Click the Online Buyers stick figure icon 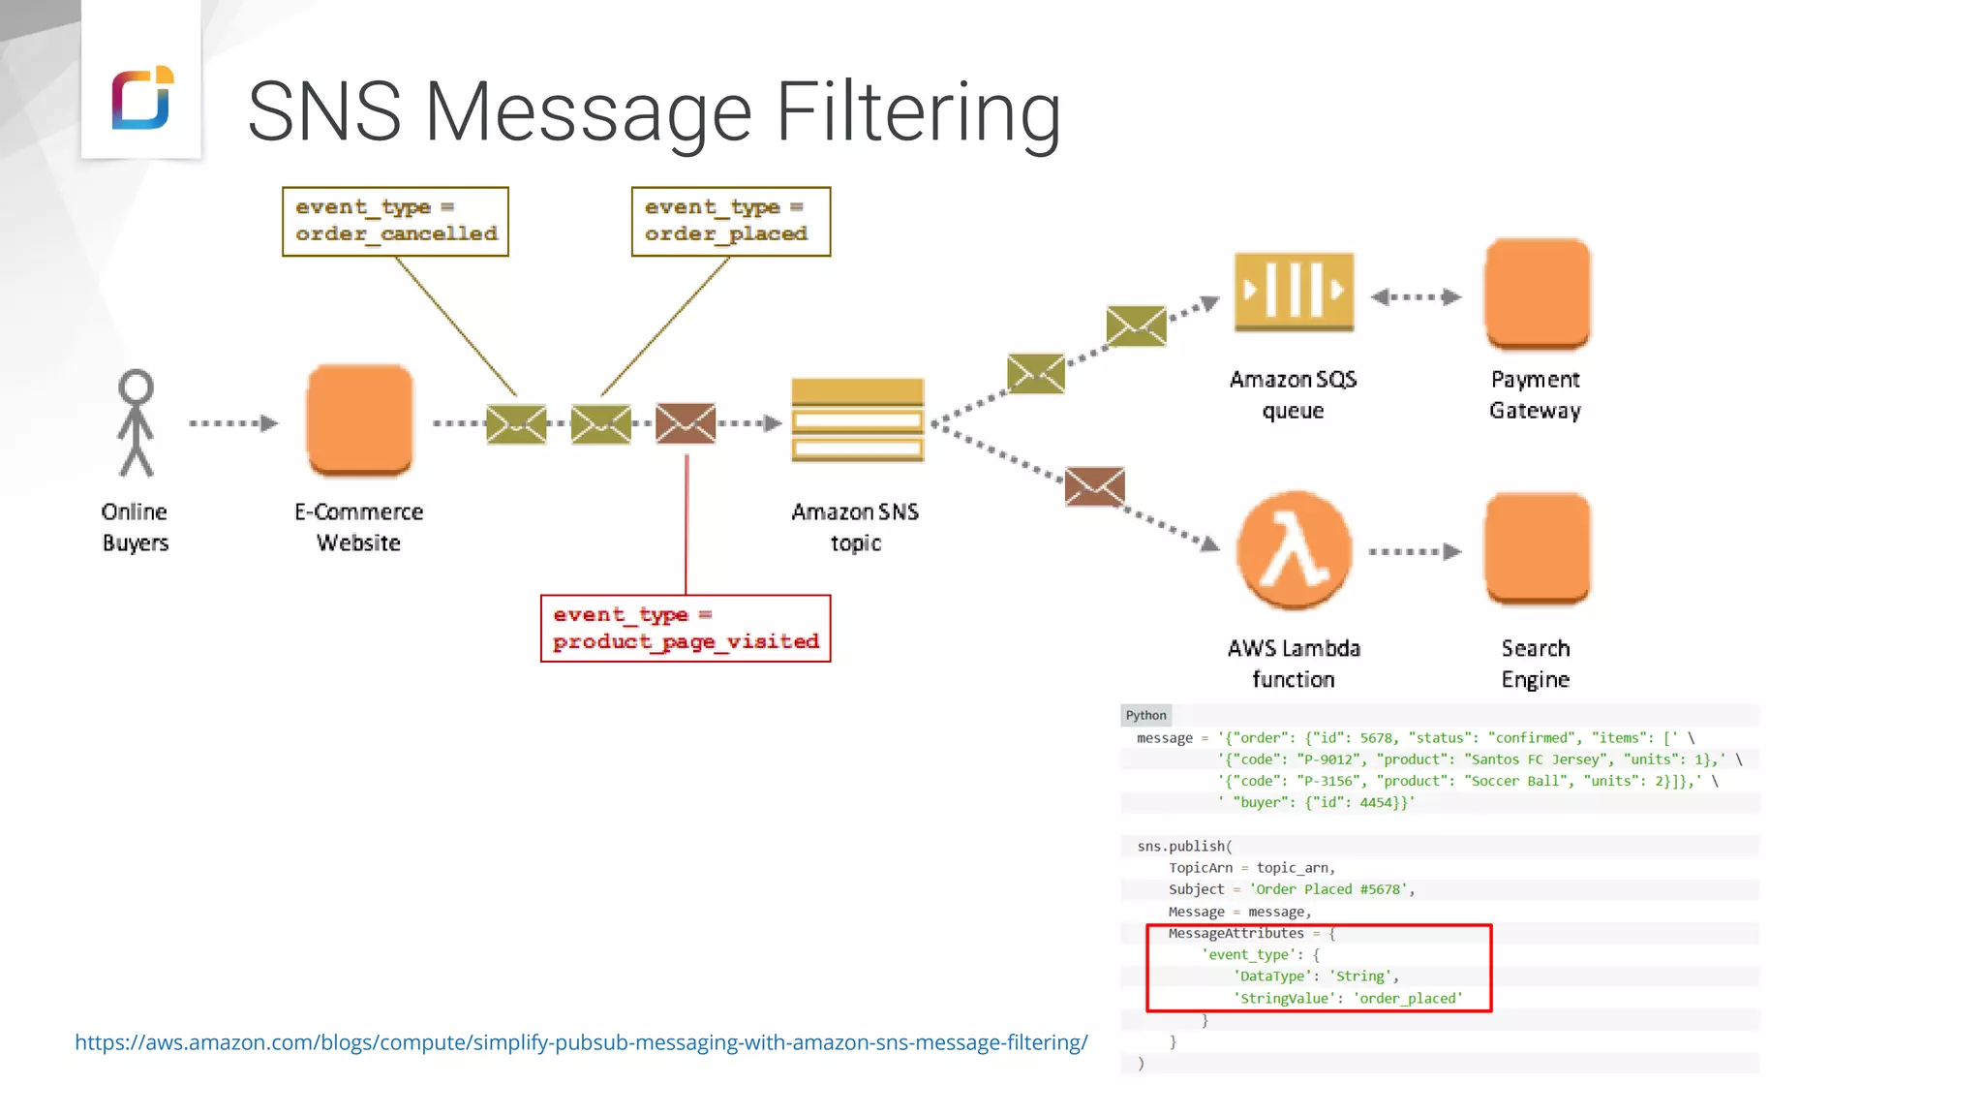point(136,423)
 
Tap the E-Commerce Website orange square point(359,419)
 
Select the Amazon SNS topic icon point(857,419)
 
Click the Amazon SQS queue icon point(1294,291)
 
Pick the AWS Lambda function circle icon point(1294,549)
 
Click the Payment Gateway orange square point(1537,293)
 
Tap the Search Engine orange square point(1537,547)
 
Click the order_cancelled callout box point(395,221)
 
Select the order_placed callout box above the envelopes point(730,221)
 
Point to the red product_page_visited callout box point(685,628)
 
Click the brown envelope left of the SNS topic point(686,423)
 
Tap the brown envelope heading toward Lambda point(1094,486)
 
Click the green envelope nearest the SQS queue point(1136,325)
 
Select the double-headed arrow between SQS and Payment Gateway point(1416,296)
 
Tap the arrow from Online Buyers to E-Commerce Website point(233,423)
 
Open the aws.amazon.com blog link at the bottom point(581,1042)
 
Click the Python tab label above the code point(1145,715)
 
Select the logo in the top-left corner point(142,97)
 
